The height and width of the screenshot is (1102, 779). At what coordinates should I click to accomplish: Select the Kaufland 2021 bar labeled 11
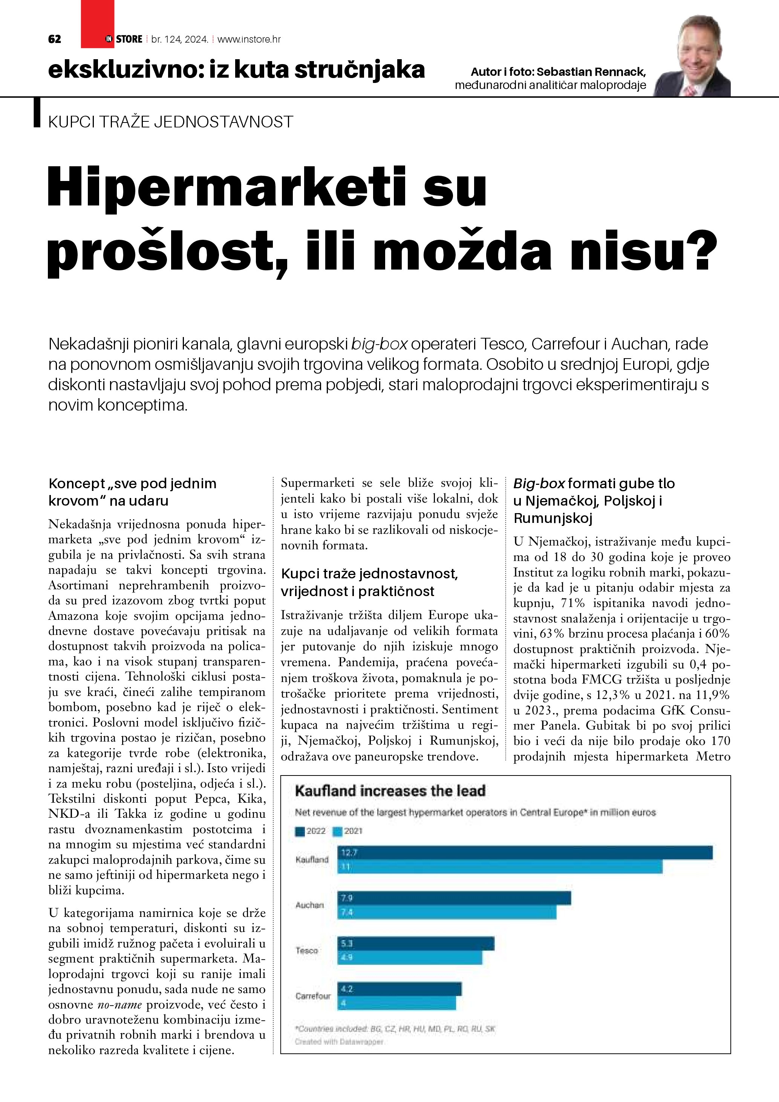pyautogui.click(x=500, y=867)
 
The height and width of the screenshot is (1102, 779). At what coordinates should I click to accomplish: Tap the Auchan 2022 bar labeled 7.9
pyautogui.click(x=454, y=898)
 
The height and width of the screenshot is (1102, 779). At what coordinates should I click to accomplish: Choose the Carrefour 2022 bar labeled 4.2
pyautogui.click(x=399, y=989)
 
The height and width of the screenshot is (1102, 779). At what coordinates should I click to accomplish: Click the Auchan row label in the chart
pyautogui.click(x=310, y=905)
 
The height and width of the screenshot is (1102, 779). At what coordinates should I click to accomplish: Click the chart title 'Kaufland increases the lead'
pyautogui.click(x=390, y=791)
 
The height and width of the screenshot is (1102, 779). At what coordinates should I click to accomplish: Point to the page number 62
pyautogui.click(x=55, y=39)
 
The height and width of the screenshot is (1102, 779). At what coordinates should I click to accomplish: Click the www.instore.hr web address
pyautogui.click(x=249, y=39)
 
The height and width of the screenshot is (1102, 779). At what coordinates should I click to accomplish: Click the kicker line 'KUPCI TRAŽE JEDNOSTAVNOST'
pyautogui.click(x=171, y=122)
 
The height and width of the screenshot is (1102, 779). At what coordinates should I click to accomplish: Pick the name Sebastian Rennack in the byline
pyautogui.click(x=591, y=72)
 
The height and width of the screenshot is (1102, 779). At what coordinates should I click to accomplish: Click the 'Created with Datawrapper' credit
pyautogui.click(x=340, y=1042)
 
